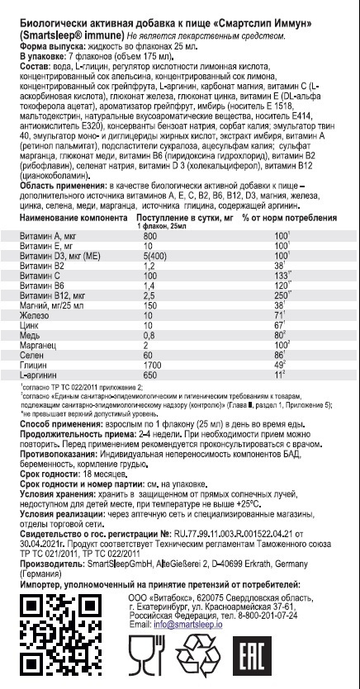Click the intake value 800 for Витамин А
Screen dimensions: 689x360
click(149, 237)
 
